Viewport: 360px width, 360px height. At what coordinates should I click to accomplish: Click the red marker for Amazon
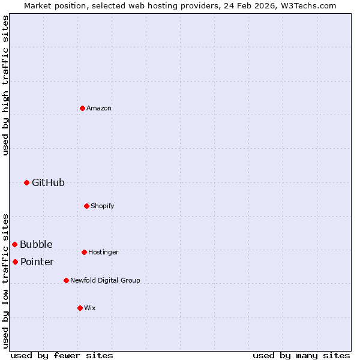click(x=82, y=108)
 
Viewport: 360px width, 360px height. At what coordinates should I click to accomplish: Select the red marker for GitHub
click(x=26, y=182)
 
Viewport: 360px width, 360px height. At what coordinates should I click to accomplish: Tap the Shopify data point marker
click(x=86, y=206)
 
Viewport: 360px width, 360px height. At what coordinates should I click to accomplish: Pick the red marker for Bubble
click(x=14, y=244)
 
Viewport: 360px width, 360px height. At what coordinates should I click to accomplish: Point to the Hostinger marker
click(x=84, y=252)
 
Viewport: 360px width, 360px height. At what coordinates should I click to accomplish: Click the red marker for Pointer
click(x=15, y=262)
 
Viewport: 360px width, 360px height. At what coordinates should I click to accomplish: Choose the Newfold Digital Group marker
click(x=66, y=280)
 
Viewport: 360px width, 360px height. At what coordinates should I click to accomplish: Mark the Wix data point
click(x=80, y=308)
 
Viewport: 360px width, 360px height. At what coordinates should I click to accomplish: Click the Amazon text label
click(x=99, y=108)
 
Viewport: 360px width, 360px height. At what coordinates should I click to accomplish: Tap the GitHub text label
click(x=48, y=182)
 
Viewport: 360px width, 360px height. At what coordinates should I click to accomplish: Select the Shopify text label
click(x=103, y=206)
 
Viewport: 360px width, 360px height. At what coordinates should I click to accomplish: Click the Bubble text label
click(x=36, y=244)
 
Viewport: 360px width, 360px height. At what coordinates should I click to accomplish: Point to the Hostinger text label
click(x=103, y=252)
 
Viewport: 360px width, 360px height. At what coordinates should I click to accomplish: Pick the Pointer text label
click(x=37, y=262)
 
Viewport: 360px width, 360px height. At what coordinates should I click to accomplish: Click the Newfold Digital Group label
click(x=105, y=280)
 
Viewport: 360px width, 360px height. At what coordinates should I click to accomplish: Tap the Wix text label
click(x=90, y=308)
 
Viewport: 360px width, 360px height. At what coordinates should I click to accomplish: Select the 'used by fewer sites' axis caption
click(x=62, y=355)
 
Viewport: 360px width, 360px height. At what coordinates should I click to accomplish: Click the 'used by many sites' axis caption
click(x=301, y=355)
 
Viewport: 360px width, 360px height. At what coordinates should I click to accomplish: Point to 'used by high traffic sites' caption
click(x=5, y=85)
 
